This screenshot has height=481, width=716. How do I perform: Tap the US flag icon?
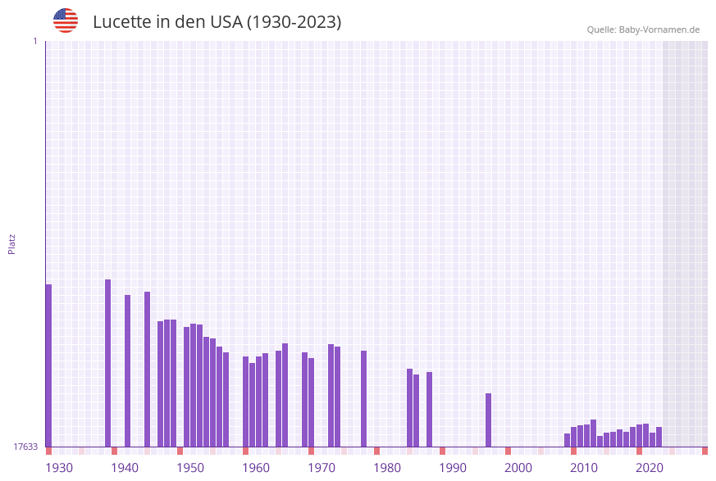click(66, 20)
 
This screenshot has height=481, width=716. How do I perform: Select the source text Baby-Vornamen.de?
click(659, 29)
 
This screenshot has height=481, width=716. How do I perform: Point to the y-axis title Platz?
click(12, 243)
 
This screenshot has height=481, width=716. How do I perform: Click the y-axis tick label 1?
click(34, 41)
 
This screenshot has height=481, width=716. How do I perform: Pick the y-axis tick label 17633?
click(25, 447)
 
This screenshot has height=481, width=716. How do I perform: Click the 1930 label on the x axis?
click(59, 468)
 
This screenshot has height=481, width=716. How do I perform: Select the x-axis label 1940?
click(125, 468)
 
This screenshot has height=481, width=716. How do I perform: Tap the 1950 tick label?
click(190, 468)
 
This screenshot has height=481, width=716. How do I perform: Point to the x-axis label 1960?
click(256, 468)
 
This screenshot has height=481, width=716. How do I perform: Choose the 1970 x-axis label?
click(322, 468)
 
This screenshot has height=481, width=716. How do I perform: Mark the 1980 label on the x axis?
click(387, 468)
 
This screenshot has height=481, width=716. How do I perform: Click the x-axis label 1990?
click(453, 468)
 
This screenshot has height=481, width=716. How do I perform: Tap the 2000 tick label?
click(518, 468)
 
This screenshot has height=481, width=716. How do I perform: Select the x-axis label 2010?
click(584, 468)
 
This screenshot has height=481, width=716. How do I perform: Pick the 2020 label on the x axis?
click(650, 468)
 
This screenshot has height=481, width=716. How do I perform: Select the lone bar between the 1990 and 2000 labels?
click(488, 420)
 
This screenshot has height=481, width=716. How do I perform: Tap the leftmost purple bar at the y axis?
click(48, 365)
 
